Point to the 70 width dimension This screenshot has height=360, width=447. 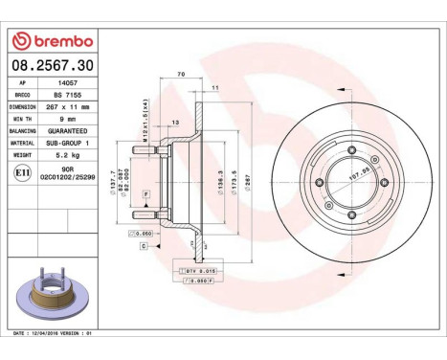pos(179,73)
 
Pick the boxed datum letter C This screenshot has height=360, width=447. pos(144,246)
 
